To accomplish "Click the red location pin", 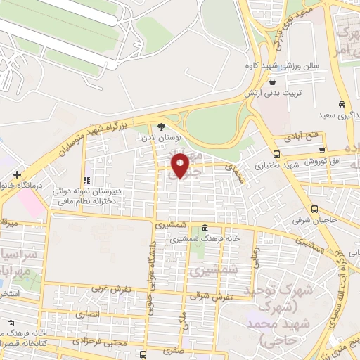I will [181, 165].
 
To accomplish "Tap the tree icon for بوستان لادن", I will [163, 127].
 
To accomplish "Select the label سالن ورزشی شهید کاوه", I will [282, 65].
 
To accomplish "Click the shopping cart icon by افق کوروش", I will [322, 149].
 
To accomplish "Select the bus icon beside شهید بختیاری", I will [276, 154].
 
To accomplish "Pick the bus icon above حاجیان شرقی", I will [314, 208].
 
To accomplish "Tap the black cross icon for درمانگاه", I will [17, 174].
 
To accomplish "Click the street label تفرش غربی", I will [109, 289].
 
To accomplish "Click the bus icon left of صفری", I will [143, 354].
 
